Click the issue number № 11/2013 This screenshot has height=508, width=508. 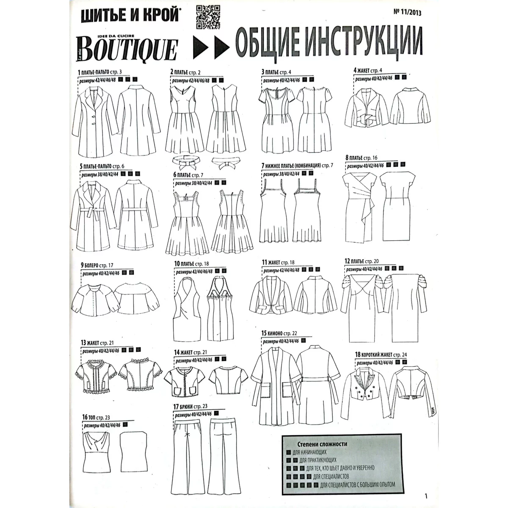click(x=407, y=12)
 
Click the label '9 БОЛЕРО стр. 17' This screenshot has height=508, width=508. click(x=97, y=265)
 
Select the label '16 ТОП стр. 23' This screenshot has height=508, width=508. click(x=96, y=417)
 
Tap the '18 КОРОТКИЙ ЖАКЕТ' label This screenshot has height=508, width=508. click(x=381, y=355)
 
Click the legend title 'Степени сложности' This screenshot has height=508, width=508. click(x=322, y=444)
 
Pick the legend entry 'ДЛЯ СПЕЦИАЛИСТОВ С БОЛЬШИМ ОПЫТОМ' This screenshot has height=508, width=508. click(x=358, y=485)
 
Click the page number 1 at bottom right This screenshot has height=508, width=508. click(x=426, y=496)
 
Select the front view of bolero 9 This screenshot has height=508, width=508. click(x=95, y=300)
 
